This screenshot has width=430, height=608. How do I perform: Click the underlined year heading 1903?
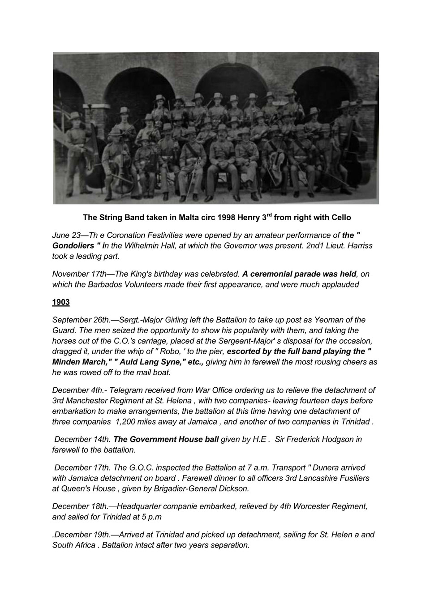[x=61, y=302]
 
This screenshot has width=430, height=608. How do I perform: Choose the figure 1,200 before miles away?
[x=127, y=421]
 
